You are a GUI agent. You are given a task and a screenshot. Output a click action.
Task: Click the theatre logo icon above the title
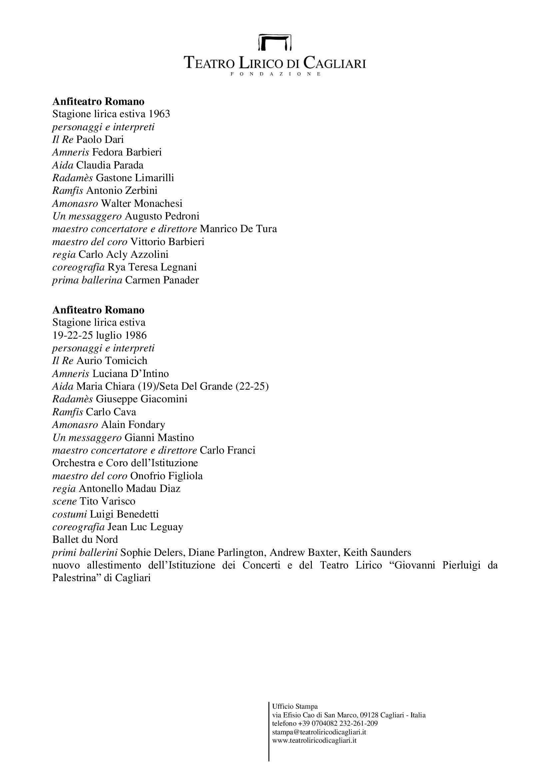point(275,42)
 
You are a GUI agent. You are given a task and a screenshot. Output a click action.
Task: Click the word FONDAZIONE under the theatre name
point(275,74)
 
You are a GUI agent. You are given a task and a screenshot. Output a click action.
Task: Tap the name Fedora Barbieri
point(127,152)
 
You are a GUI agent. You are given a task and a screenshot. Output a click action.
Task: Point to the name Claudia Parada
point(110,165)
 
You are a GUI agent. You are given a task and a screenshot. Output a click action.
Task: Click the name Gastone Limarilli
point(135,178)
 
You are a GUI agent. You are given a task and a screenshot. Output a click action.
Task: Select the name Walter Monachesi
point(142,203)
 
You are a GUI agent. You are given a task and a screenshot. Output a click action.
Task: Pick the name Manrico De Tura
point(238,229)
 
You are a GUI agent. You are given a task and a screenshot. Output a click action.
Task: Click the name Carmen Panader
point(162,280)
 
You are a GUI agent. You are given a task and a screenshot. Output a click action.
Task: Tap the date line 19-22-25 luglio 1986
point(99,336)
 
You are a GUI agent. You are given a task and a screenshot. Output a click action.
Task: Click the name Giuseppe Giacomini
point(142,399)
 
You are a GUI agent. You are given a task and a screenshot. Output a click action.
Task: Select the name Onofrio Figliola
point(166,476)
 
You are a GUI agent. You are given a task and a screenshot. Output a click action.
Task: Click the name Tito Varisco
point(107,502)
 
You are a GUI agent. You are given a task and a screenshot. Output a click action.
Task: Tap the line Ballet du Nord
point(85,540)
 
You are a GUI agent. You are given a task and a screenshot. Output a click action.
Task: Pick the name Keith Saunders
point(377,553)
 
